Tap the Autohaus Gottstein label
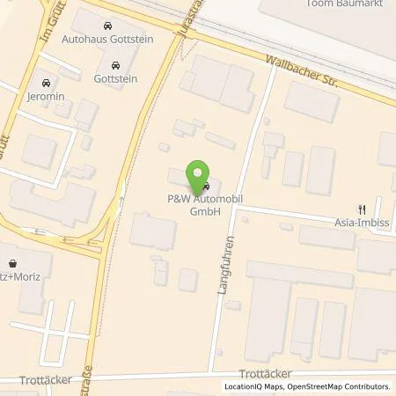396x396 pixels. (106, 40)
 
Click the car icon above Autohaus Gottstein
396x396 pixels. (106, 27)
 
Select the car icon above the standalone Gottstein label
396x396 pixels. (115, 65)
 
